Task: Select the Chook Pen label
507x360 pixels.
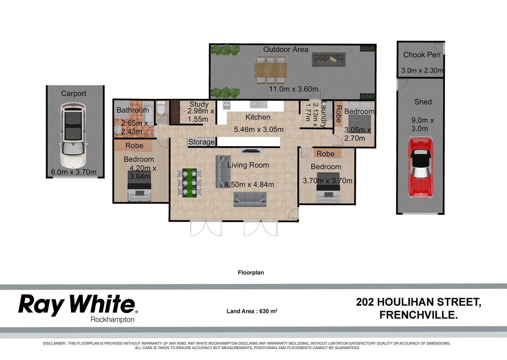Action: [421, 55]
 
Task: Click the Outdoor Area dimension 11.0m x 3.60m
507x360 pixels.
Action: [294, 89]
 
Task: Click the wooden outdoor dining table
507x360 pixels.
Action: [270, 70]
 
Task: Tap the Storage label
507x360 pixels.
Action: [201, 142]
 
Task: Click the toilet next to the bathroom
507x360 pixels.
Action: [161, 108]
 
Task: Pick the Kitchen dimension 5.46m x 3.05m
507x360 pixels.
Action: [259, 129]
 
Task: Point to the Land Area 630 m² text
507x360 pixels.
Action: [252, 311]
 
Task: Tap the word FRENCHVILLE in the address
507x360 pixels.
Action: [418, 315]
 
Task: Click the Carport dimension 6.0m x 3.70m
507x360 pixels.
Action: [74, 172]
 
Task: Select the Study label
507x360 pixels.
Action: [199, 104]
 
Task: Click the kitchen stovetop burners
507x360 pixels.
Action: [227, 105]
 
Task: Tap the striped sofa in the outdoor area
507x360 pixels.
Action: [328, 60]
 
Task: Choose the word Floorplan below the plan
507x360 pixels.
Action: [251, 272]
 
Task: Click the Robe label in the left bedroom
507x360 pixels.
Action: [134, 146]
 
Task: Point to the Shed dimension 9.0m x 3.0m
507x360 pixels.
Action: [422, 124]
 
